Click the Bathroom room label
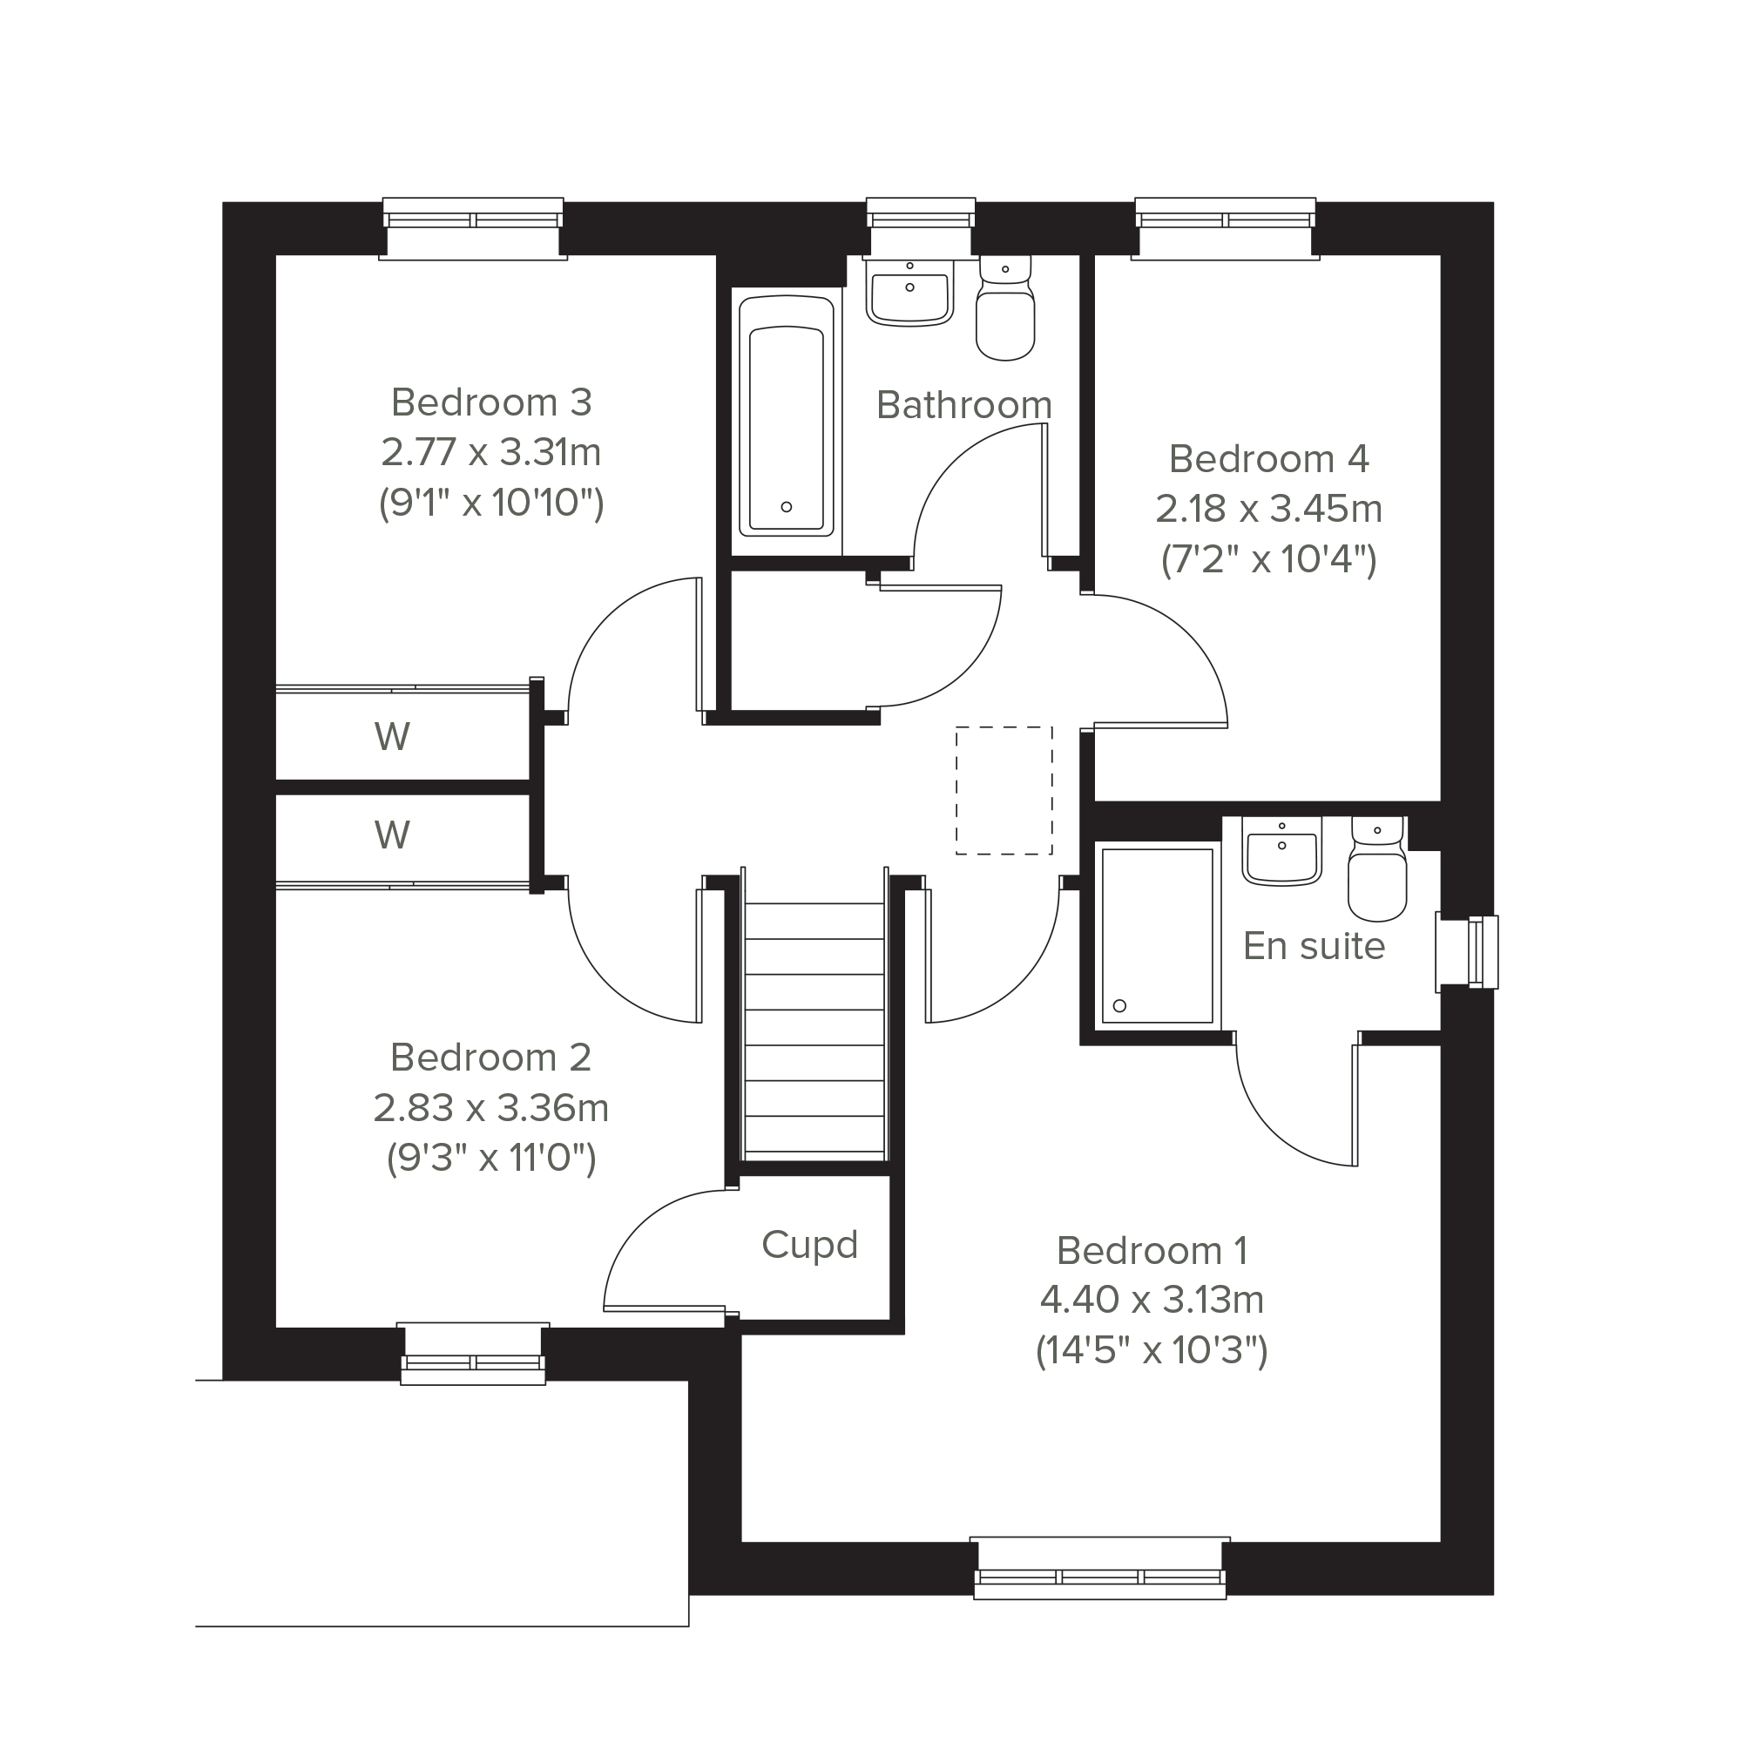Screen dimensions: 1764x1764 [x=964, y=405]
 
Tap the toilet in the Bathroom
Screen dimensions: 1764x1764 [x=1005, y=307]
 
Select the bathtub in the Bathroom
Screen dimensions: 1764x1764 [x=786, y=416]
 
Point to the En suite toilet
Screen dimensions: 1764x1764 [x=1378, y=868]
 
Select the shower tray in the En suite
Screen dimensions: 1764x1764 [x=1158, y=935]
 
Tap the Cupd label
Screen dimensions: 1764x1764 [x=810, y=1246]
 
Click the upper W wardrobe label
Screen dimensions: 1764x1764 [x=392, y=737]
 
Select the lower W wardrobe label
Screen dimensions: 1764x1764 [x=392, y=835]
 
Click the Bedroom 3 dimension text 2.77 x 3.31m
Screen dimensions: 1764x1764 [x=491, y=452]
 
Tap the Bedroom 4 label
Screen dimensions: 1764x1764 [x=1269, y=459]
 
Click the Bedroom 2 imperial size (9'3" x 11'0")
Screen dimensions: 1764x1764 [x=491, y=1159]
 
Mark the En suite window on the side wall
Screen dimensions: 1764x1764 [x=1467, y=952]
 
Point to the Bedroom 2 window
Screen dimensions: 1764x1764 [x=473, y=1355]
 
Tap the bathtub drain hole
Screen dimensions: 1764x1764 [x=787, y=507]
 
